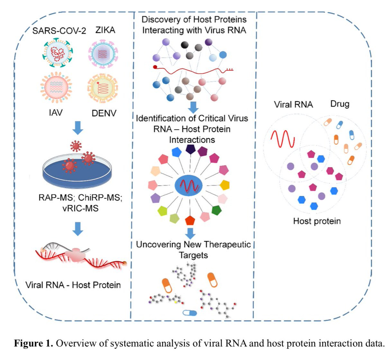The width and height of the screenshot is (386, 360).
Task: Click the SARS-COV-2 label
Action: (x=59, y=31)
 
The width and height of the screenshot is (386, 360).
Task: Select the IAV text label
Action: (x=56, y=113)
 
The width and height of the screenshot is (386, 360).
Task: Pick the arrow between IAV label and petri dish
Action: (x=78, y=128)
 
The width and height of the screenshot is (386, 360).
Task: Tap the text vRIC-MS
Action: (x=80, y=208)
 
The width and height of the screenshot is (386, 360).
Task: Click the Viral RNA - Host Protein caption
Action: (x=73, y=285)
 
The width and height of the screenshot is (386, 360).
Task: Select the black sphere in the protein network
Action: (x=185, y=45)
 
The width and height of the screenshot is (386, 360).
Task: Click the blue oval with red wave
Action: (x=188, y=186)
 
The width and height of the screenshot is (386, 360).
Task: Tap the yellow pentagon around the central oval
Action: (x=225, y=185)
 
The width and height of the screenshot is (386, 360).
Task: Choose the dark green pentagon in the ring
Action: (x=216, y=210)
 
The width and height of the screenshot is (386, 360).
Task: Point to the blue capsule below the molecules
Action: (x=189, y=313)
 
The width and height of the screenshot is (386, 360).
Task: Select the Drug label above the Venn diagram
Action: (x=340, y=104)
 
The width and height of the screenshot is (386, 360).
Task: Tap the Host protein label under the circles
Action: (x=317, y=221)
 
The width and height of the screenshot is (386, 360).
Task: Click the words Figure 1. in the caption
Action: (x=33, y=343)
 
